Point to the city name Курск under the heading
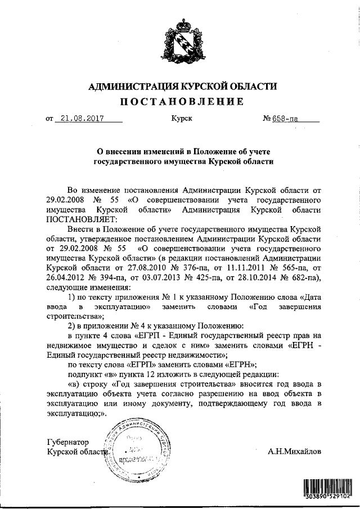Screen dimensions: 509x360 (x=181, y=119)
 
